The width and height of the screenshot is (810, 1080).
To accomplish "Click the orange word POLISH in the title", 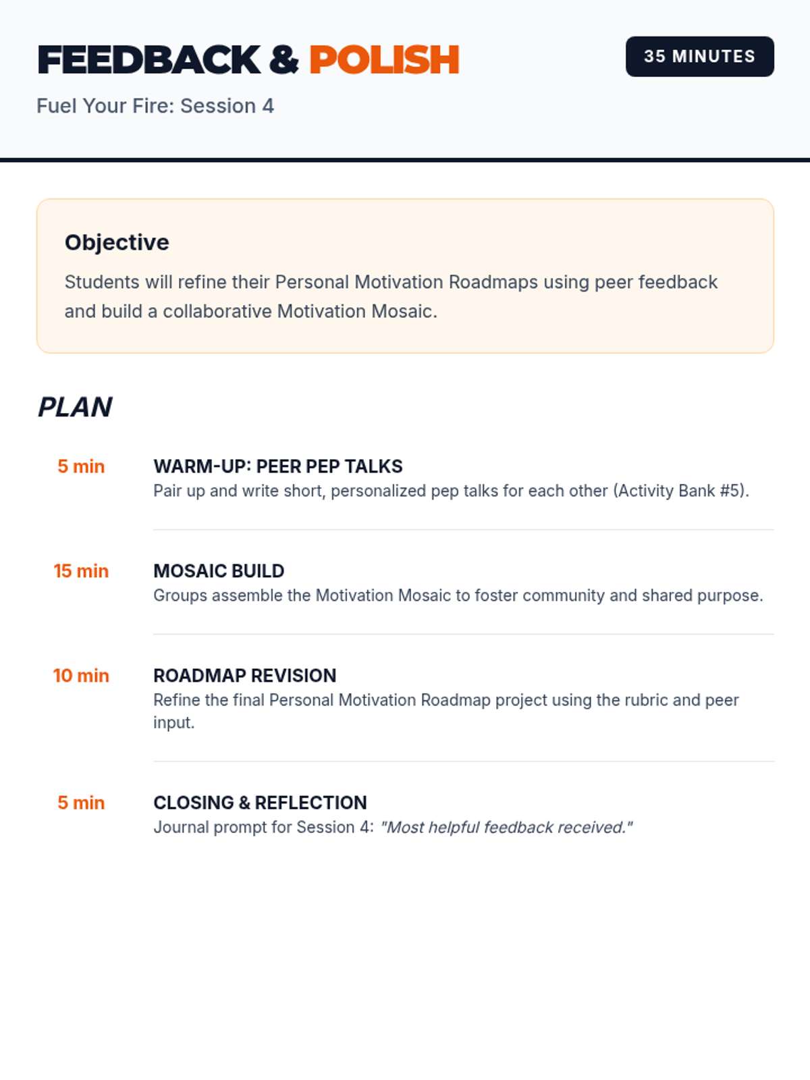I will coord(384,60).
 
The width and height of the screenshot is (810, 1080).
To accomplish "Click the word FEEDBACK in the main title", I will coord(148,60).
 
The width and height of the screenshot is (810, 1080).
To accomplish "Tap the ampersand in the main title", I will coord(283,60).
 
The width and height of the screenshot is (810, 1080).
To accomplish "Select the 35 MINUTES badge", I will coord(699,57).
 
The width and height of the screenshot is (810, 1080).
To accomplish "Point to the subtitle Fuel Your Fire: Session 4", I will coord(155,106).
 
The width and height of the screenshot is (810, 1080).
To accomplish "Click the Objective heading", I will coord(117,242).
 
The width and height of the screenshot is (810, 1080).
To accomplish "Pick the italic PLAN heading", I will coord(75,407).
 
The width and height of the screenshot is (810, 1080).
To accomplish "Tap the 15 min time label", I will coord(81,571).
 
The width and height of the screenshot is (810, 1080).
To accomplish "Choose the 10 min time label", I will coord(81,676).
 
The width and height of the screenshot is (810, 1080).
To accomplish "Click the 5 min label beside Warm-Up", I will coord(81,466).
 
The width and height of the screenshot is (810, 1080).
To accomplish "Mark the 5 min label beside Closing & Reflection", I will coord(81,803).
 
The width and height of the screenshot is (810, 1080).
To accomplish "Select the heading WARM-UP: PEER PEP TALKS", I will coord(277,466).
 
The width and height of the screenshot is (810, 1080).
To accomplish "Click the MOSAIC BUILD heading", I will coord(219,571).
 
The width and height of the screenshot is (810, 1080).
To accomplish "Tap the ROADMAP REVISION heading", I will coord(244,676).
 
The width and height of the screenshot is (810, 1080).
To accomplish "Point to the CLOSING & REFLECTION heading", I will coord(260,803).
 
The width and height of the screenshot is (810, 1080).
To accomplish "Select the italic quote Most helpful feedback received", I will coord(506,828).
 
